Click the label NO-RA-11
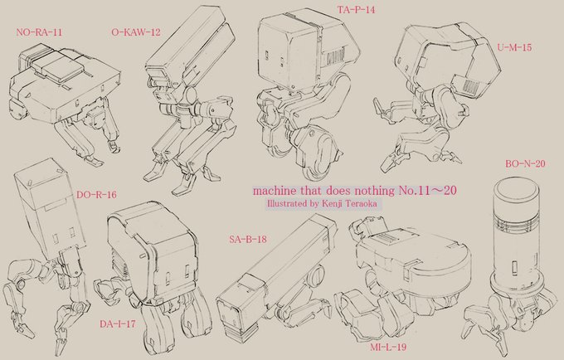39,32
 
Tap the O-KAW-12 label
136,32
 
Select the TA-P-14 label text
356,10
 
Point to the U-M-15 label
514,47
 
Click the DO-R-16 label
96,195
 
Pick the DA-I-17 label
118,324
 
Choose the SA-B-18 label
248,239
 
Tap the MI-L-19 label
388,347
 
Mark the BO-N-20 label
525,164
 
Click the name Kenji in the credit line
332,204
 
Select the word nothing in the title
377,191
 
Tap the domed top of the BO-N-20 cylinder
517,188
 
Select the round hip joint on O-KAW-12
190,95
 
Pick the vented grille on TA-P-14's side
335,56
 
